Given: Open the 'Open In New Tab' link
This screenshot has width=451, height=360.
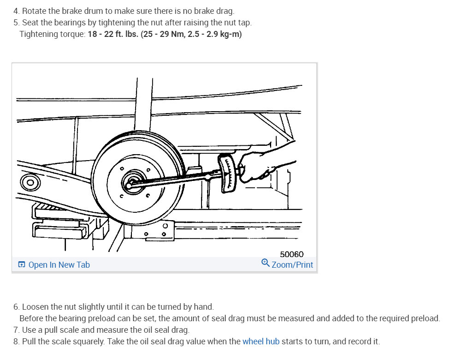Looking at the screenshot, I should pos(59,264).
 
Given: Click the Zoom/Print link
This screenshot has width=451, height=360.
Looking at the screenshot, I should pos(292,264).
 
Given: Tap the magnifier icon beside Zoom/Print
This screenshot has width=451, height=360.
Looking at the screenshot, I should pos(265,263).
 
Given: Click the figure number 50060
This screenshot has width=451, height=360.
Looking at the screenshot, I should pos(292,254).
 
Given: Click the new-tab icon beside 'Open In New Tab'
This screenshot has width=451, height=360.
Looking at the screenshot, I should pos(22,264).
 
